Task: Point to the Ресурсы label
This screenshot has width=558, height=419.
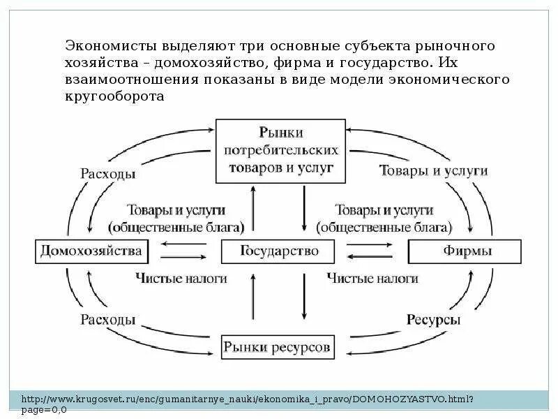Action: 432,321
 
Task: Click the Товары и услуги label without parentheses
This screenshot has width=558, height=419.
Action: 432,170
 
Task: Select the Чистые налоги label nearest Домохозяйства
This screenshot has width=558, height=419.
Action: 181,278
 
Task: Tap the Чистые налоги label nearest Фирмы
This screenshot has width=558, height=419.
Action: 372,278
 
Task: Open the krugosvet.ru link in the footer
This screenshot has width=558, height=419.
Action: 248,399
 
